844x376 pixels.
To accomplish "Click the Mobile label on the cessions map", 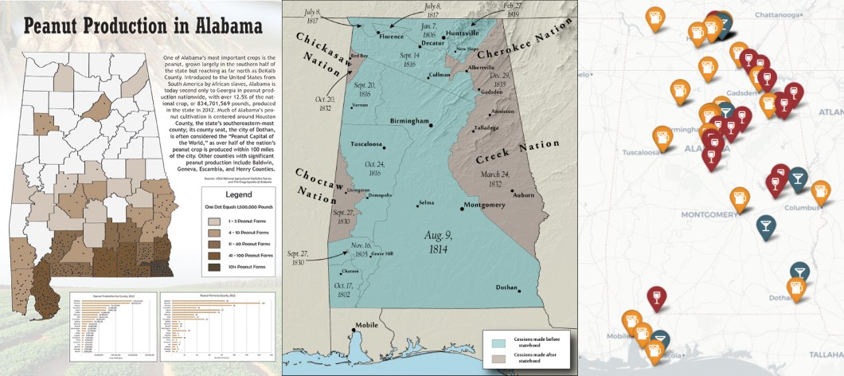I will [366, 325].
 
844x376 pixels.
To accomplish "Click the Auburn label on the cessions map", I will [523, 194].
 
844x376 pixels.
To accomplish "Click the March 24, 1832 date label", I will [494, 178].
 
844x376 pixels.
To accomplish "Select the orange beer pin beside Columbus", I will [821, 191].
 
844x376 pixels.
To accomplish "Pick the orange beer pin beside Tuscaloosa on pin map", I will [662, 137].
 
